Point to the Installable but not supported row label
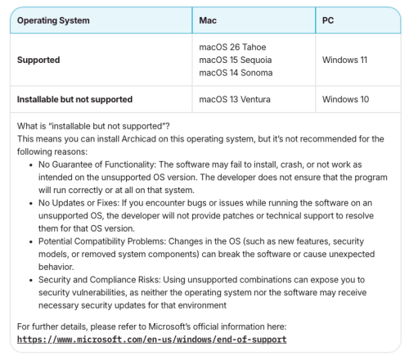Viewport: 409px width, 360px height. (x=74, y=99)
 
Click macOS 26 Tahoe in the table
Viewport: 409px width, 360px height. (x=232, y=47)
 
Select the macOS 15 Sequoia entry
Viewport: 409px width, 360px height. (x=236, y=60)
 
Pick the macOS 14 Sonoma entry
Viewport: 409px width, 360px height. (x=236, y=73)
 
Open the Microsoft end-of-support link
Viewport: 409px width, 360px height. (x=152, y=339)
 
